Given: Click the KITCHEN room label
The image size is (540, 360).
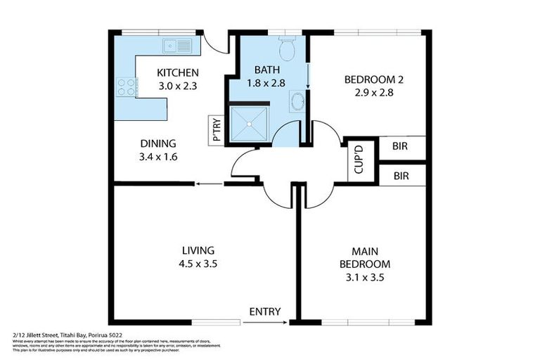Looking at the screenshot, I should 177,72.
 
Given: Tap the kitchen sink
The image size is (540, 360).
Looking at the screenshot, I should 177,46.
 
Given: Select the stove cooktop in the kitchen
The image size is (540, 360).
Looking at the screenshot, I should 126,87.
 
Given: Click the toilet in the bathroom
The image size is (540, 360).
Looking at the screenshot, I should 286,49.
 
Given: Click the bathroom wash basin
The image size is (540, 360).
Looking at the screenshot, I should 298,101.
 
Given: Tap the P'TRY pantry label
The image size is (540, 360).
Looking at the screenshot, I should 218,131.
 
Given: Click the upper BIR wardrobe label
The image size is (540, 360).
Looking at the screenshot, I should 401,148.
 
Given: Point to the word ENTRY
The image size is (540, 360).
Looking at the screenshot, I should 265,311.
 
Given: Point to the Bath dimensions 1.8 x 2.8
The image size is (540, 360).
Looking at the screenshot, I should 267,83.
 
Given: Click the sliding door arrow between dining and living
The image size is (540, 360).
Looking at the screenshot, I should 208,184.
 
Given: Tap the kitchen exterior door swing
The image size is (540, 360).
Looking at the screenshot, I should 219,44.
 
